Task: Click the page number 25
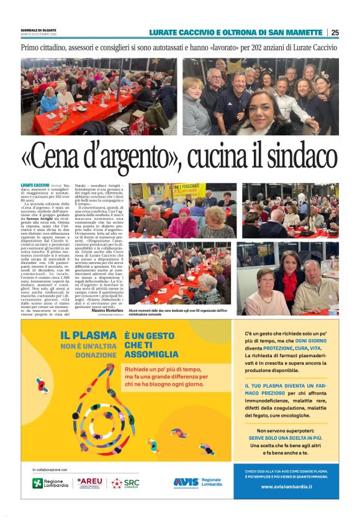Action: tap(335, 32)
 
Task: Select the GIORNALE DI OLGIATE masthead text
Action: tap(38, 30)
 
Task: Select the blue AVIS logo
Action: tap(186, 482)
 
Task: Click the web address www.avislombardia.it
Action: tap(286, 486)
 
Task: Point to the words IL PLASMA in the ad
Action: tap(87, 335)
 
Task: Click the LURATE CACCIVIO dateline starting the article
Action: tap(35, 186)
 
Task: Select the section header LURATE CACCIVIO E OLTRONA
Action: tap(236, 32)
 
